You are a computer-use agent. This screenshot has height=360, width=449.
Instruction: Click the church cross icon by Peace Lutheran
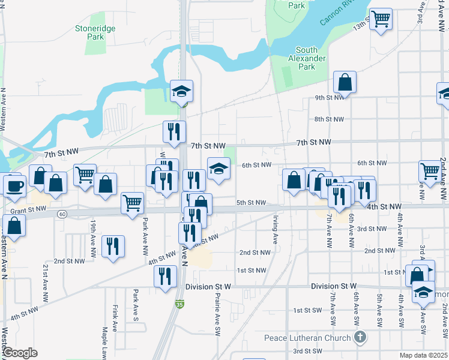tap(360, 337)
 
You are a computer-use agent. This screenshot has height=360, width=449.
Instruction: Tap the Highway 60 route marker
tap(62, 214)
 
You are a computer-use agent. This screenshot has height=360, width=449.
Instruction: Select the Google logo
tap(20, 353)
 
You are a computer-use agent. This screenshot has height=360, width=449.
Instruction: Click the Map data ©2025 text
tap(423, 355)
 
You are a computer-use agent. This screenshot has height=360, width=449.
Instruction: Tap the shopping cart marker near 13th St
tap(381, 19)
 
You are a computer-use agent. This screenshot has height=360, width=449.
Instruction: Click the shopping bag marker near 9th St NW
tap(345, 83)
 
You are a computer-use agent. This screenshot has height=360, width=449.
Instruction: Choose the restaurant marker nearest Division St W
tap(164, 276)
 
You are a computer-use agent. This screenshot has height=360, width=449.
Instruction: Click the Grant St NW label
tap(28, 210)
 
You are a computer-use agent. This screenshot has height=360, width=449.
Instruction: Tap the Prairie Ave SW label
tap(217, 312)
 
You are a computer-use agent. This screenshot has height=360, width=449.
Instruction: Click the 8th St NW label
tap(329, 119)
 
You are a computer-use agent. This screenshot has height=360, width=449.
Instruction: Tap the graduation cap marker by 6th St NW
tap(218, 169)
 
